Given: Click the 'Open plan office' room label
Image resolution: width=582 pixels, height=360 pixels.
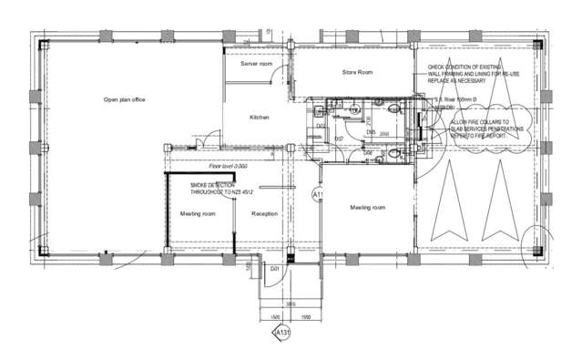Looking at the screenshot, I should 124,99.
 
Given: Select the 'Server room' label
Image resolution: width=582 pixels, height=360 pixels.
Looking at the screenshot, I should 256,65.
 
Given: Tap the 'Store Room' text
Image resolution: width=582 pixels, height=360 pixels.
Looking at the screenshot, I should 357,71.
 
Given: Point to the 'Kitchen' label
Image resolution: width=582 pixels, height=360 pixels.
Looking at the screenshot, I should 260,118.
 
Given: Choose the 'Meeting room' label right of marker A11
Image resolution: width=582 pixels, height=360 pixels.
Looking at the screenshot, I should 368,207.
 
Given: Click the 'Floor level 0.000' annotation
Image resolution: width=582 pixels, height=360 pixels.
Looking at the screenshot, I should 228,166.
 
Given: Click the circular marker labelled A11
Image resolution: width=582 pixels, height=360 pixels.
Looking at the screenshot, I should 318,194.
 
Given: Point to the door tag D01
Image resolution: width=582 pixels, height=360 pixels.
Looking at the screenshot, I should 273,269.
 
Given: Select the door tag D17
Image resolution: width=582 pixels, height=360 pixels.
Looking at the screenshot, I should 338,138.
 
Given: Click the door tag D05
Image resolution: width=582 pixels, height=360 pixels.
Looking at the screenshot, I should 371,132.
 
